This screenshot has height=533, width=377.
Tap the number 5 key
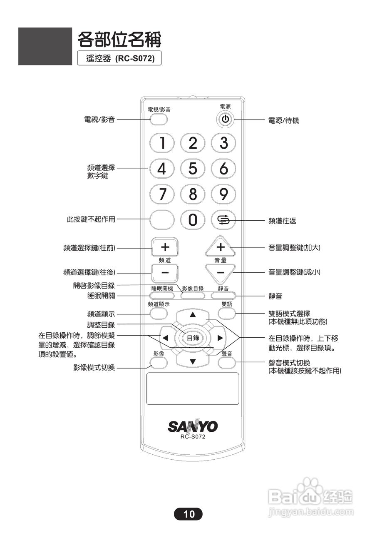click(x=192, y=169)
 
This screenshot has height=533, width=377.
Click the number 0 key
click(x=192, y=220)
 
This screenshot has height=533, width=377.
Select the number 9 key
click(x=223, y=194)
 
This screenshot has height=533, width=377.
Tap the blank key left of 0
click(x=161, y=220)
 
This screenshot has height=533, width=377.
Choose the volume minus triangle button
click(x=221, y=272)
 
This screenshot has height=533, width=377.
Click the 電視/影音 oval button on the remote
click(x=159, y=120)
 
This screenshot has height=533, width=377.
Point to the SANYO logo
click(x=193, y=426)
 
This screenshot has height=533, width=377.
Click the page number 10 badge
click(x=188, y=514)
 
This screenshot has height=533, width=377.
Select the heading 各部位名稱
click(x=119, y=40)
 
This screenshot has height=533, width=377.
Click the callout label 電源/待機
click(x=284, y=121)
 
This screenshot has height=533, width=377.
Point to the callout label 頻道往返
click(x=282, y=221)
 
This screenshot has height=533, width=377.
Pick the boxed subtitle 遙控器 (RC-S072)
click(x=119, y=59)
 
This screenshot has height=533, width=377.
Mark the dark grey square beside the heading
click(x=45, y=46)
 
